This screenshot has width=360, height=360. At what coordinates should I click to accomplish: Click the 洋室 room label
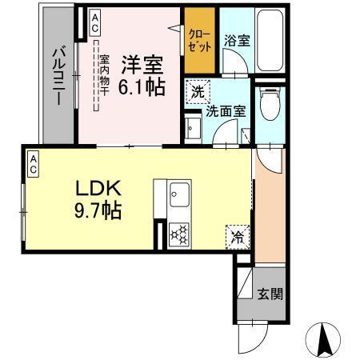coord(143,61)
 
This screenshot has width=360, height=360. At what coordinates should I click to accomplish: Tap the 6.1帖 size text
coord(143,84)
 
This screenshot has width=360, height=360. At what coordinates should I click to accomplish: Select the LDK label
coord(98,189)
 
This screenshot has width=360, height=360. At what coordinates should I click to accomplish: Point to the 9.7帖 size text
coord(98,212)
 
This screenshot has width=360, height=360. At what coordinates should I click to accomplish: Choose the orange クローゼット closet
coord(199,40)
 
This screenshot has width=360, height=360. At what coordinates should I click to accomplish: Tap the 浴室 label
coord(236,40)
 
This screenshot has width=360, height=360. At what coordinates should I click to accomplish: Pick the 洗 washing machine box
coord(197,92)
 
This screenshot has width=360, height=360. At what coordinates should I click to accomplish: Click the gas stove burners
coord(179,234)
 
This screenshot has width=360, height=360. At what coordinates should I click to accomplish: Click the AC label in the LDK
coord(34,163)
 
